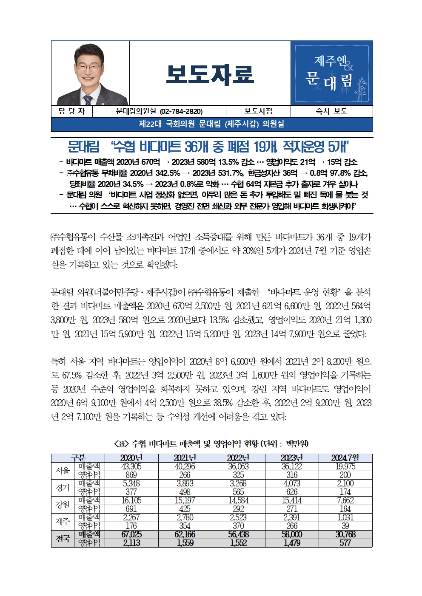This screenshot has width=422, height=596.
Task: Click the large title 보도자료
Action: [x=210, y=74]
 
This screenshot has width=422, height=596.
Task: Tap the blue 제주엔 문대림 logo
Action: [x=332, y=73]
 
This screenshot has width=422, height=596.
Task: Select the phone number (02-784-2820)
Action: [x=181, y=111]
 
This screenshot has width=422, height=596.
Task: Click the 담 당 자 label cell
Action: [x=71, y=111]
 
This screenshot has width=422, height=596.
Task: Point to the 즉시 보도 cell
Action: [x=331, y=111]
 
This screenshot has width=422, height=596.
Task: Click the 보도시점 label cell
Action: [x=258, y=111]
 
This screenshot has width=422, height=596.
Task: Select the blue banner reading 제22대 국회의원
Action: [x=212, y=124]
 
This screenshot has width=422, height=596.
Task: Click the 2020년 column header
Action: [x=131, y=458]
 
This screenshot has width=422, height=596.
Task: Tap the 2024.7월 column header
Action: [x=345, y=458]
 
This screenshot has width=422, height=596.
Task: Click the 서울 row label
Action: [x=63, y=471]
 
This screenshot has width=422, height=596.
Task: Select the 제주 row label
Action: [x=63, y=522]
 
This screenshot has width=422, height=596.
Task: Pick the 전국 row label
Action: [x=63, y=539]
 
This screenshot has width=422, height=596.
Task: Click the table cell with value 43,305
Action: [x=131, y=466]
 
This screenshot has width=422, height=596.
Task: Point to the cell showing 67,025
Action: [x=131, y=534]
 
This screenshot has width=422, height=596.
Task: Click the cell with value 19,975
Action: [x=345, y=466]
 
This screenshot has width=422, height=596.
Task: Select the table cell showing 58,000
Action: [x=292, y=534]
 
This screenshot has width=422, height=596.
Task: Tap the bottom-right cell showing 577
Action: [x=345, y=543]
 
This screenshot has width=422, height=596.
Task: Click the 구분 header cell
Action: [x=78, y=458]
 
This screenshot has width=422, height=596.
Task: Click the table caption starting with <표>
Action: [x=211, y=444]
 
